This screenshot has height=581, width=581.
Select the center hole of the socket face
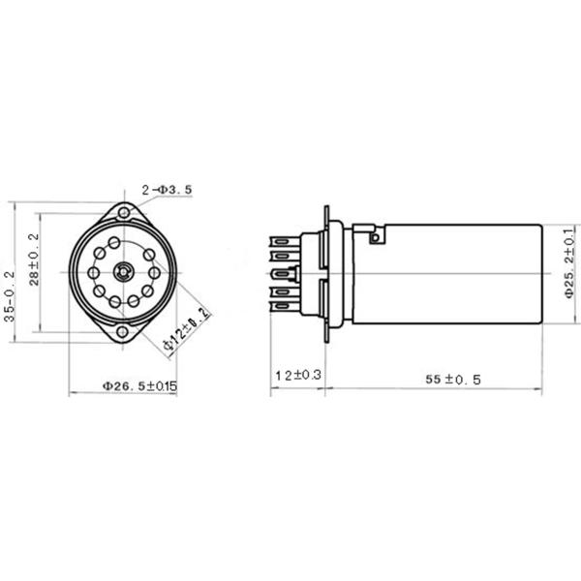click(123, 272)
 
